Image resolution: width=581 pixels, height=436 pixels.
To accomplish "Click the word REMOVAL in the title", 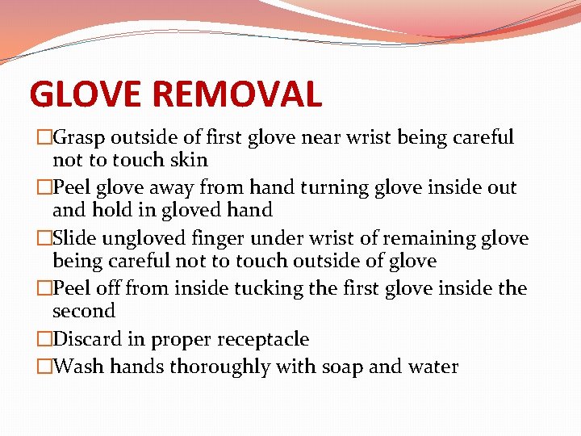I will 236,94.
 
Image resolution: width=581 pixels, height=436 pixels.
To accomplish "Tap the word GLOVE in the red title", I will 86,94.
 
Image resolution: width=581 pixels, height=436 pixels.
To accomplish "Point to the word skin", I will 187,160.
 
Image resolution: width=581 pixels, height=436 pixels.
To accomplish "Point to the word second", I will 84,311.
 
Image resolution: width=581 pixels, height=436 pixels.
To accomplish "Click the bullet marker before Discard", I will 44,340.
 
